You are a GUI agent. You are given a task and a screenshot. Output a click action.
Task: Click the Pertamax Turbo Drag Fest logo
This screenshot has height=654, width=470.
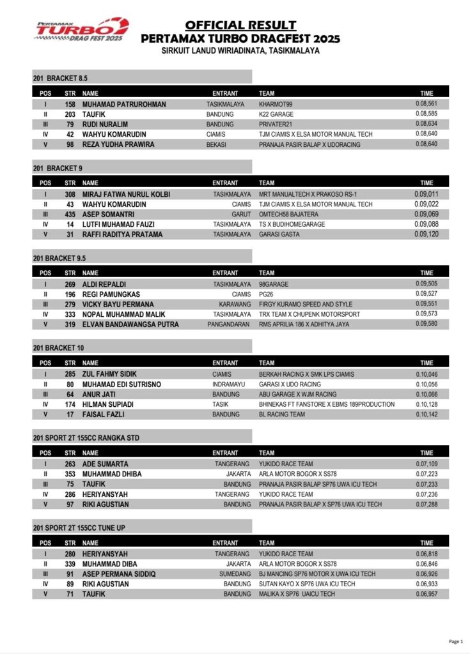pos(82,30)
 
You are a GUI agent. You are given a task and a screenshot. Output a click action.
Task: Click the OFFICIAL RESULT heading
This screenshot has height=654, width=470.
pos(240,26)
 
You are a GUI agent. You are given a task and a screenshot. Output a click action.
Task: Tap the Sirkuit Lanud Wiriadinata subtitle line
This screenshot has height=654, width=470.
pos(240,50)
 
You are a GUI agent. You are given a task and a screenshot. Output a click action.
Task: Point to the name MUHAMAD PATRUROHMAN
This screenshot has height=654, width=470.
pos(124,104)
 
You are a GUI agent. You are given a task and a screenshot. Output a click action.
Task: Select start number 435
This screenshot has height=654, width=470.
pos(70,214)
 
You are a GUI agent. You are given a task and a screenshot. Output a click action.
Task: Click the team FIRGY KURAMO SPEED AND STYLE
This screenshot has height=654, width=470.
pos(306,304)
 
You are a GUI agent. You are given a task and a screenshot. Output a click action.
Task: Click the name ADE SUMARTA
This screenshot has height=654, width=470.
pos(106,464)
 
